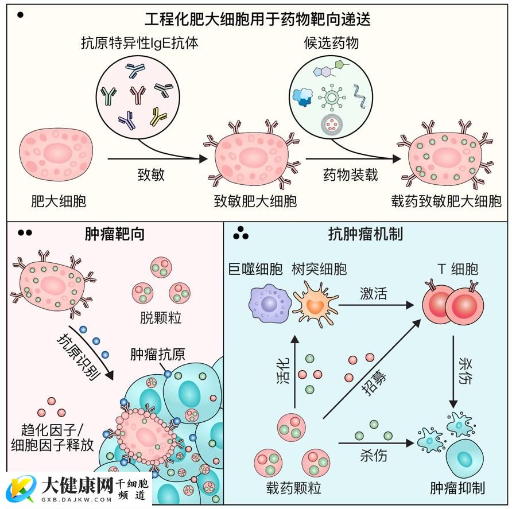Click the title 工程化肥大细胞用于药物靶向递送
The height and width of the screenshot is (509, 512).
pos(257,19)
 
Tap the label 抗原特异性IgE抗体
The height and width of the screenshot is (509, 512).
pos(140,44)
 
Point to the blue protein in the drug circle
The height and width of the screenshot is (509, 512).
pos(302,98)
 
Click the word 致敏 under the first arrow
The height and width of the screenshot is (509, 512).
pos(151,174)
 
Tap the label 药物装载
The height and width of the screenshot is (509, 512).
pos(350,174)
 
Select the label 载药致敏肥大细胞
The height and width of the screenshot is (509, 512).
pos(446,201)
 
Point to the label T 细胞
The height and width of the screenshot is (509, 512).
pos(457,269)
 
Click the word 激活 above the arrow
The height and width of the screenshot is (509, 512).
pos(373,294)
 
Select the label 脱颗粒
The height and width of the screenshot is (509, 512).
pos(161,317)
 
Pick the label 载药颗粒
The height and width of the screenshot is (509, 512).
pos(293,488)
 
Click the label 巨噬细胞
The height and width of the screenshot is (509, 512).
pos(257,269)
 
